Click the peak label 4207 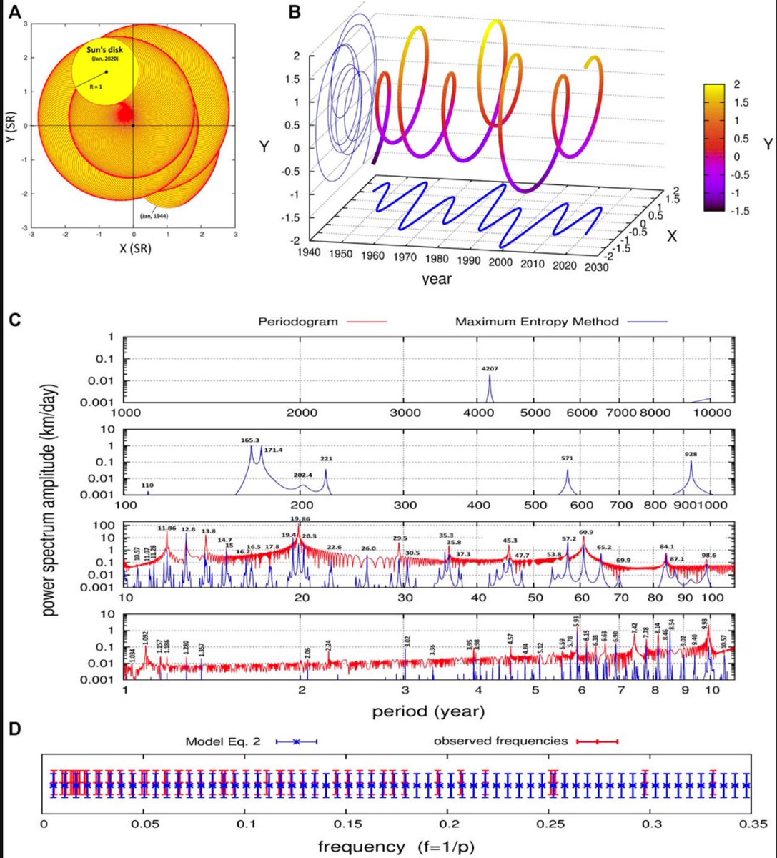[x=490, y=368]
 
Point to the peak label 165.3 [x=251, y=441]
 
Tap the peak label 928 [x=690, y=454]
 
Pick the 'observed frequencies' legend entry [x=500, y=741]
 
